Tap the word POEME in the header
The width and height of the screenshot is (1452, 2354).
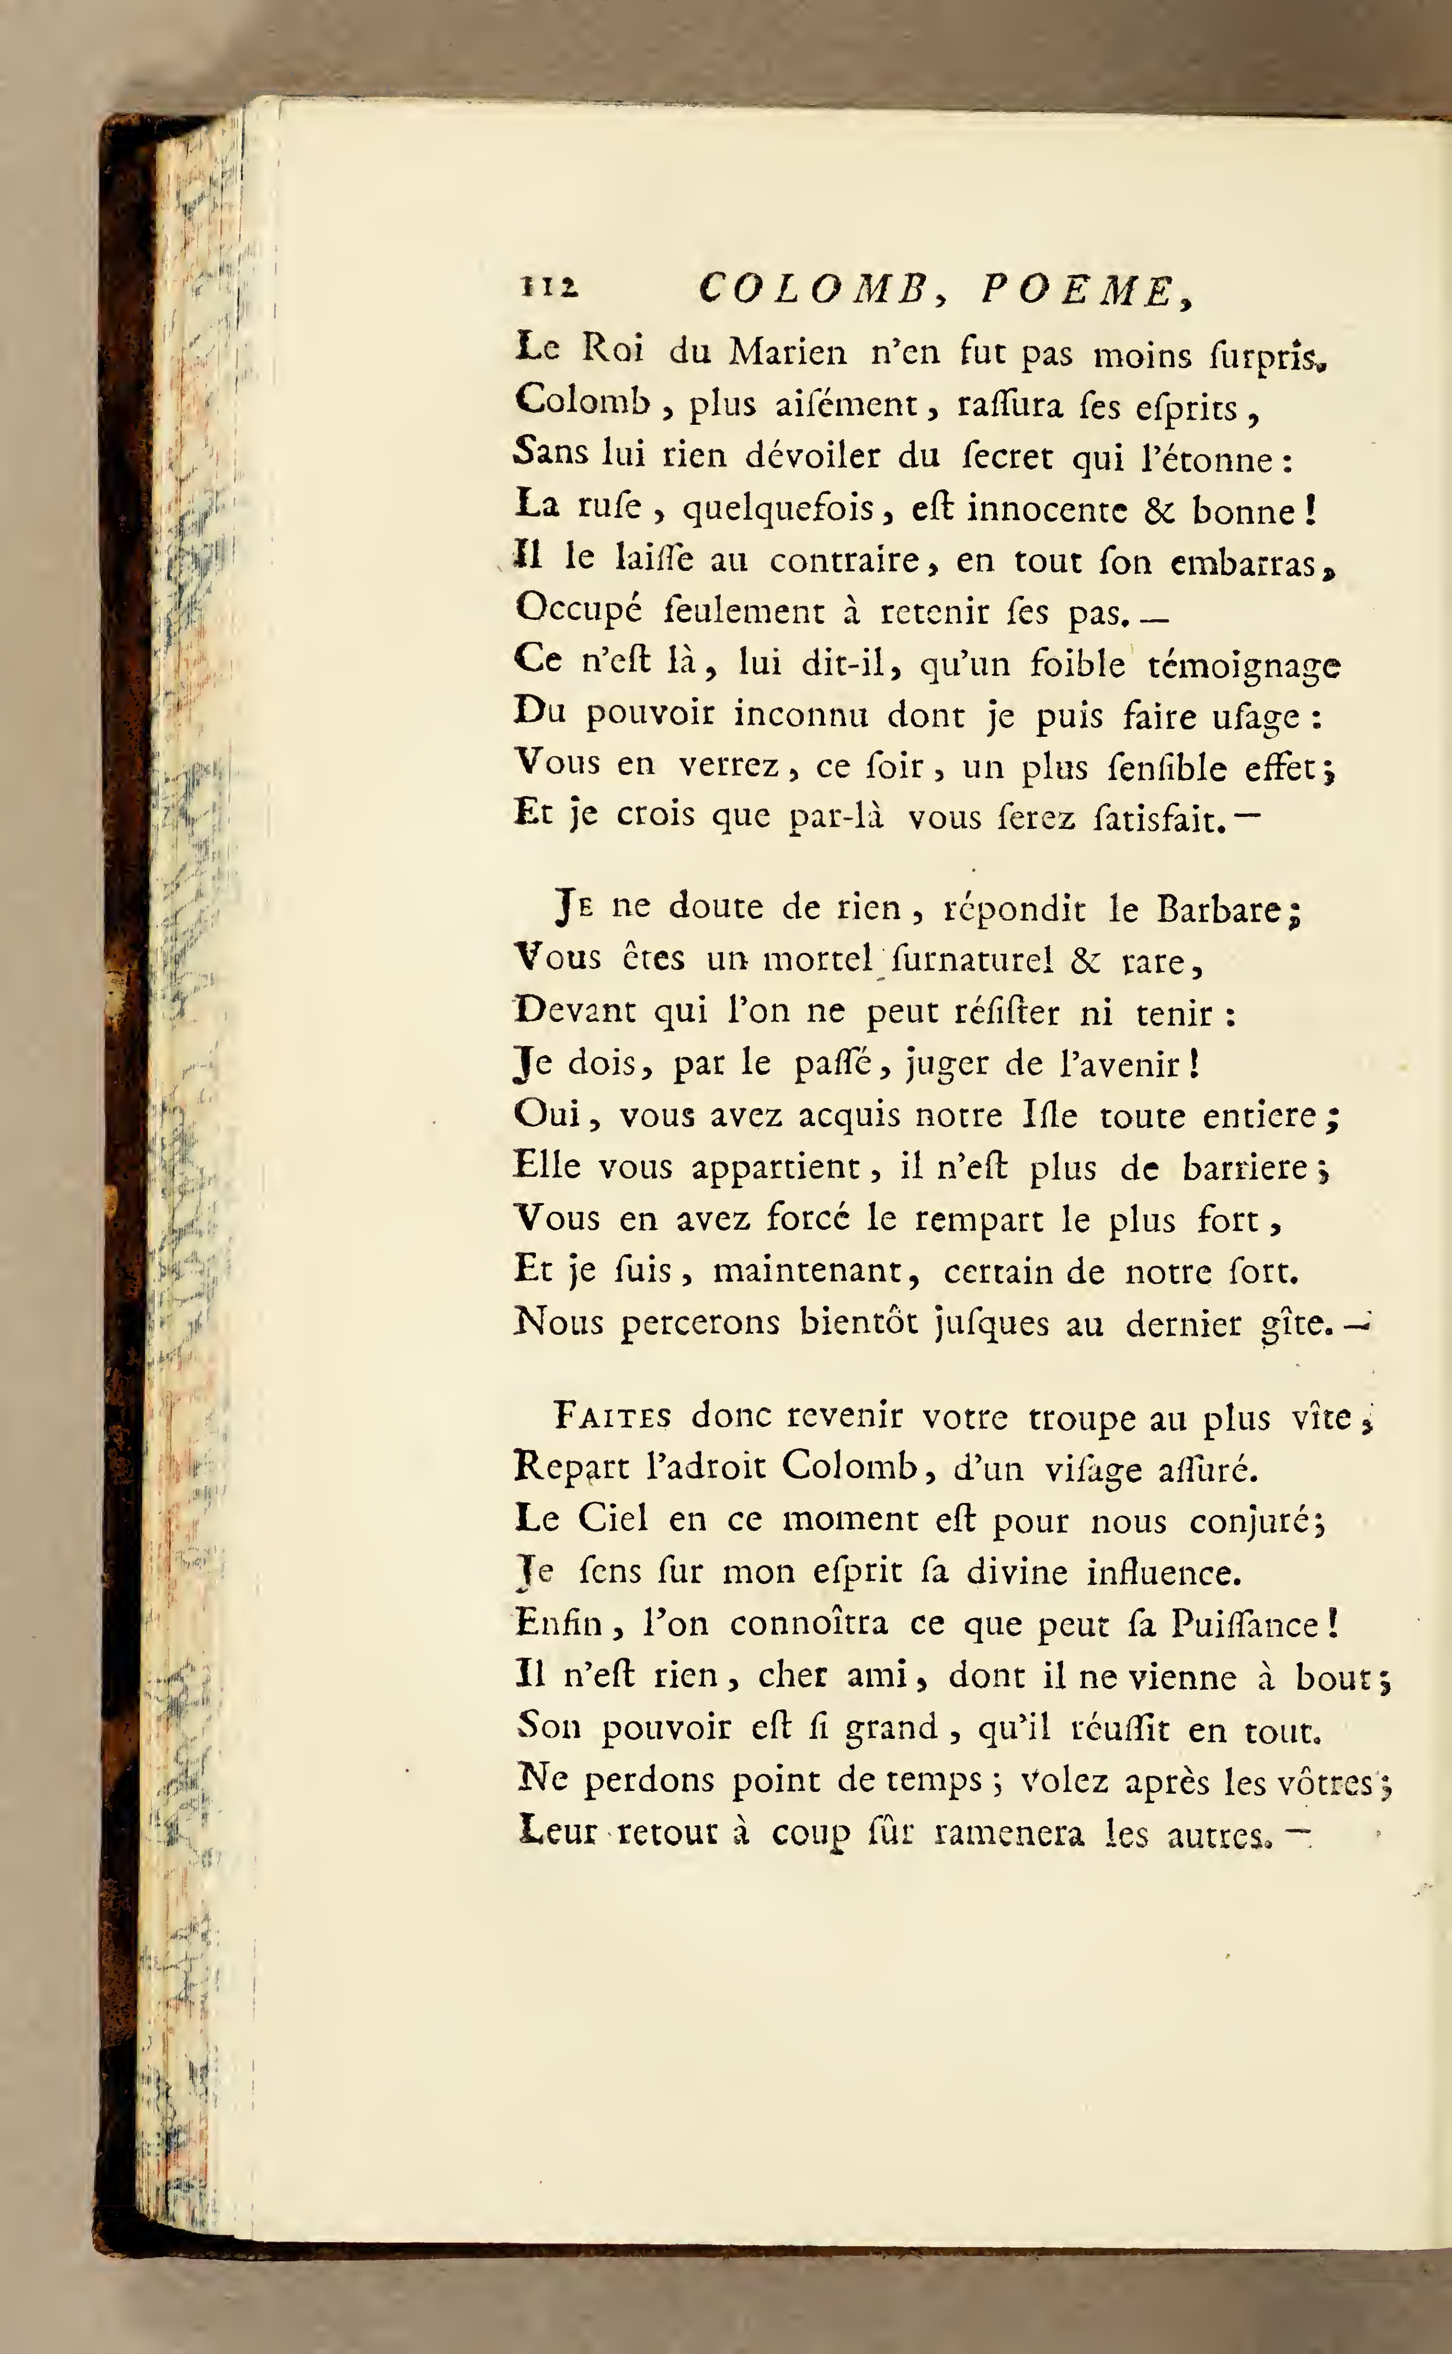pos(1077,291)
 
